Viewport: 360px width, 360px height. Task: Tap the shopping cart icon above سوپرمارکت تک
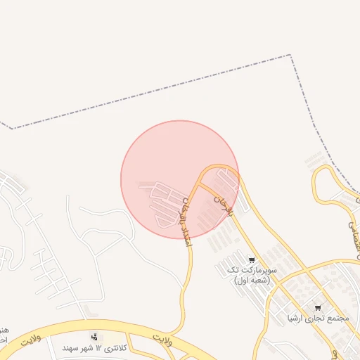click(252, 260)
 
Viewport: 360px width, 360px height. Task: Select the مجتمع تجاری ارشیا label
click(319, 318)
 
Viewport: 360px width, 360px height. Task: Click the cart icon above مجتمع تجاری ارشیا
click(318, 308)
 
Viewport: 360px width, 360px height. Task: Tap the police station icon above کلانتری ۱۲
click(95, 337)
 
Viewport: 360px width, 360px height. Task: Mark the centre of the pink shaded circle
click(180, 179)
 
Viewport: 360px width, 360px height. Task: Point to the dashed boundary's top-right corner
click(289, 56)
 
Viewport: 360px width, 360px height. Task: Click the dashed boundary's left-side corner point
click(12, 129)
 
